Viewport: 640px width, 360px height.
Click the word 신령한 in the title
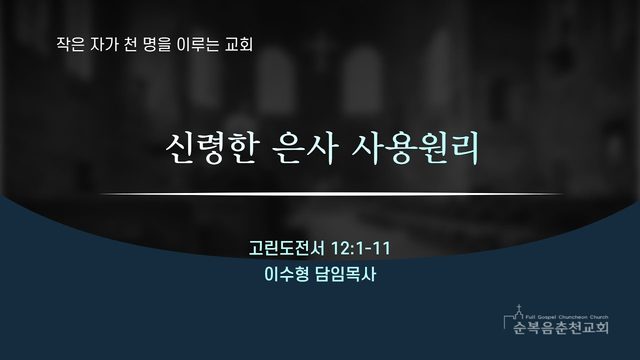[212, 148]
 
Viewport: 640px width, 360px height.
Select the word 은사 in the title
[304, 148]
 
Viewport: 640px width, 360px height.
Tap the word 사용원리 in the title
[415, 148]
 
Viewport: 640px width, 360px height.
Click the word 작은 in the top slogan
[71, 44]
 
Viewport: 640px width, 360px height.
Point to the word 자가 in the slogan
[104, 44]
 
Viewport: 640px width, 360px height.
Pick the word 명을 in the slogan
[157, 44]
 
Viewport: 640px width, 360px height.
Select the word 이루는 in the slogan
[198, 44]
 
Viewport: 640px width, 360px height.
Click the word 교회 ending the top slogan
[239, 44]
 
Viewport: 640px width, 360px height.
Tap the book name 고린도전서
[287, 248]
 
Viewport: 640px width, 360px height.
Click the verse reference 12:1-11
[360, 248]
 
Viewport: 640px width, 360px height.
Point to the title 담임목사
[345, 274]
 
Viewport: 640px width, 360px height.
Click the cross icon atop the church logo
[519, 308]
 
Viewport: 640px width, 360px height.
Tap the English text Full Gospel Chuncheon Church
[567, 317]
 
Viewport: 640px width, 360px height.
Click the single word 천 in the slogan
[130, 44]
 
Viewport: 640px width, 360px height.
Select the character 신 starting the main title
[180, 148]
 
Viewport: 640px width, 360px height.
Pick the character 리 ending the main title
[465, 148]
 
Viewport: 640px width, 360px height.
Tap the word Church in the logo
[599, 317]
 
